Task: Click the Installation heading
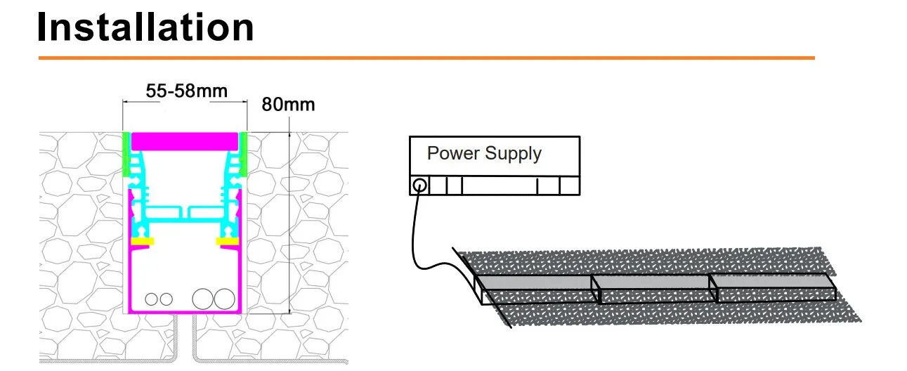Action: coord(145,27)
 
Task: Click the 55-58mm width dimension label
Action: coord(187,91)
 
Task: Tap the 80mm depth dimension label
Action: coord(288,105)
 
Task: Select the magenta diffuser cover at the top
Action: coord(185,141)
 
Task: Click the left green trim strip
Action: coord(126,155)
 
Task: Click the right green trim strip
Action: coord(243,155)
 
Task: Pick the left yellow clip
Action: coord(142,242)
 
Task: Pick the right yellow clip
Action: coord(227,242)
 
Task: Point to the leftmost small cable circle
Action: coord(151,299)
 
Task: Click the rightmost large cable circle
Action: coord(224,299)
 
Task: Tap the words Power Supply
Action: coord(484,153)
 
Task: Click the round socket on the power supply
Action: coord(419,186)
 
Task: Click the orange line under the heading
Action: coord(426,58)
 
